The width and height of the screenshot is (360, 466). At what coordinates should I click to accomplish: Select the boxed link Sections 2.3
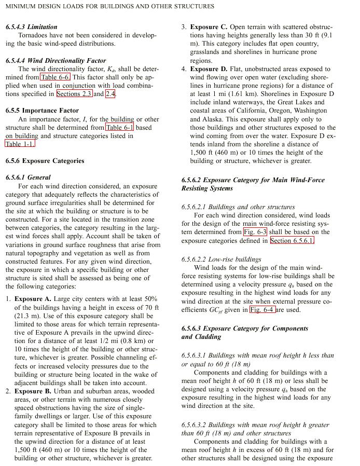click(x=74, y=94)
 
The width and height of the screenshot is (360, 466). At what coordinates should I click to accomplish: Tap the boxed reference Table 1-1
click(x=20, y=144)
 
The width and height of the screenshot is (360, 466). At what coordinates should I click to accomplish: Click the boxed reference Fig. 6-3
click(x=255, y=232)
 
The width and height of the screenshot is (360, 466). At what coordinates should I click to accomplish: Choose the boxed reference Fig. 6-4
click(x=262, y=310)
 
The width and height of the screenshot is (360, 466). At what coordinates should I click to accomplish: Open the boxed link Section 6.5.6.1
click(x=292, y=241)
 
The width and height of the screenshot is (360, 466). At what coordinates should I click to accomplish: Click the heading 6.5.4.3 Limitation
click(x=31, y=27)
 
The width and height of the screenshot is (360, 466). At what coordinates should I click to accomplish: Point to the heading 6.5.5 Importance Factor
click(x=42, y=111)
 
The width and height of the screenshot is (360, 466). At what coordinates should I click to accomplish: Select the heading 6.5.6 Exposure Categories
click(x=45, y=161)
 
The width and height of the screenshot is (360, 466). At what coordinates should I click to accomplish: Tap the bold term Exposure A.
click(x=33, y=299)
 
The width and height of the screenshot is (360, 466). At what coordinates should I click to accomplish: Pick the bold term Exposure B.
click(x=33, y=391)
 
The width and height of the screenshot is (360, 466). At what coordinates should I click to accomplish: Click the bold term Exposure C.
click(x=209, y=27)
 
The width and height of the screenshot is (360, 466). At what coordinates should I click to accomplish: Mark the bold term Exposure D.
click(x=209, y=69)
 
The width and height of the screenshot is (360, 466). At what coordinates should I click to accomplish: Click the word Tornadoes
click(x=35, y=35)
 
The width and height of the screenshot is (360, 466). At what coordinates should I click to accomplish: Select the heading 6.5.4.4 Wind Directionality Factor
click(x=56, y=61)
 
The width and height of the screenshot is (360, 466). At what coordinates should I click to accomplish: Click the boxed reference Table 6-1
click(x=120, y=127)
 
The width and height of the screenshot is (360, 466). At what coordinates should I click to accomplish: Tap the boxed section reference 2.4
click(x=110, y=94)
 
